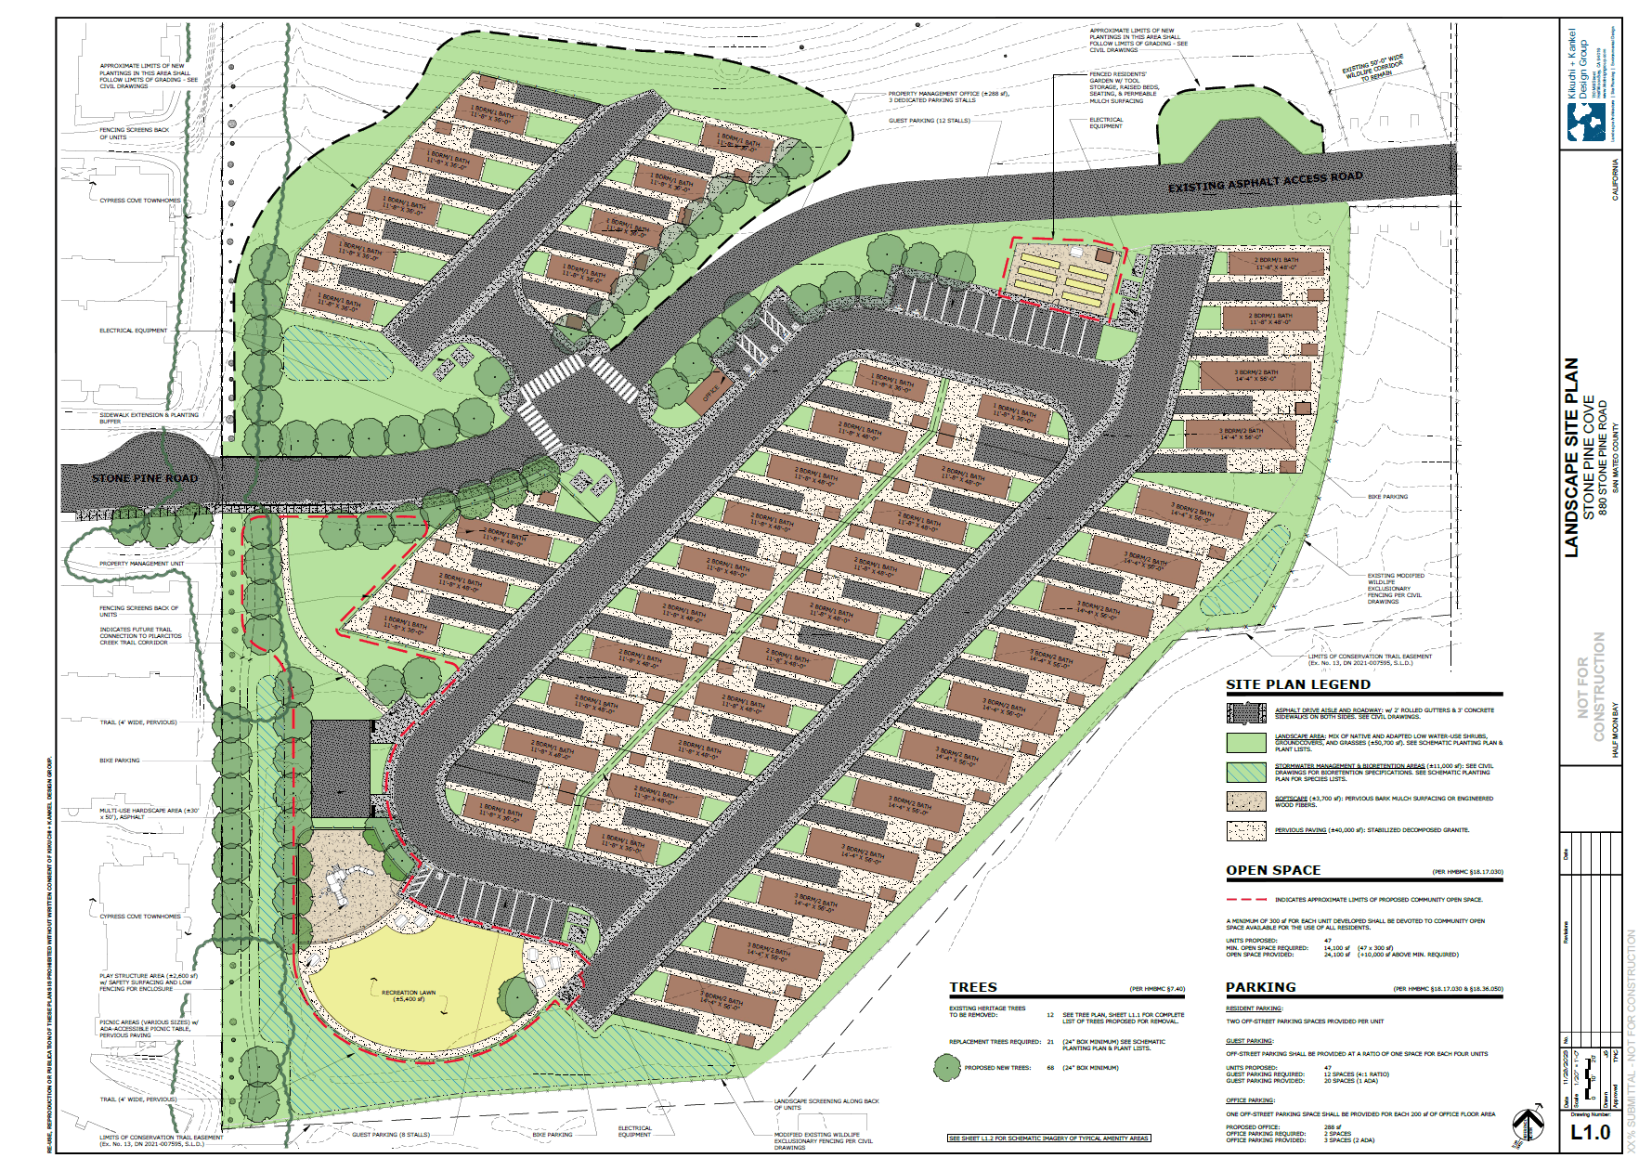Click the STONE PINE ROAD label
tap(145, 478)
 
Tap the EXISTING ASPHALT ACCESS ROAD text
tap(1265, 181)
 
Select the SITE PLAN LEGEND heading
tap(1297, 684)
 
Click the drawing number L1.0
tap(1590, 1132)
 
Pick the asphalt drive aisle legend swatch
tap(1246, 712)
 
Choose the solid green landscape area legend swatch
tap(1246, 742)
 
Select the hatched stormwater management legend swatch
tap(1246, 772)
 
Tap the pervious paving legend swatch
tap(1246, 830)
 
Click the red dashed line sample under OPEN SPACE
tap(1246, 899)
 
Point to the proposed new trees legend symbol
tap(946, 1068)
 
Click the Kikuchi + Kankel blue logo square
tap(1586, 122)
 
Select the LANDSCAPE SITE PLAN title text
tap(1571, 457)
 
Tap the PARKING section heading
tap(1260, 987)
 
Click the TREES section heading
tap(972, 987)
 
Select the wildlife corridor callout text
tap(1373, 68)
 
